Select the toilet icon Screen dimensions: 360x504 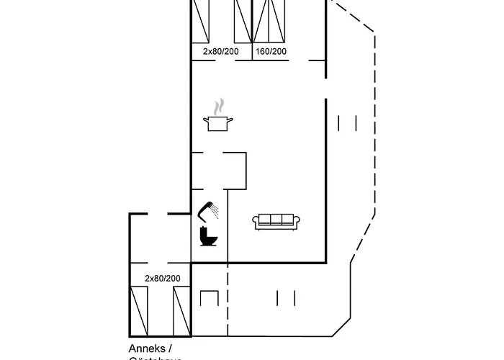coord(207,237)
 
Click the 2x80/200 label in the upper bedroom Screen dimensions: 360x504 coord(220,52)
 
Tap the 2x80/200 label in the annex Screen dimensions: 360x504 coord(162,279)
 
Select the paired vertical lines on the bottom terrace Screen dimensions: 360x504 coord(286,298)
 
